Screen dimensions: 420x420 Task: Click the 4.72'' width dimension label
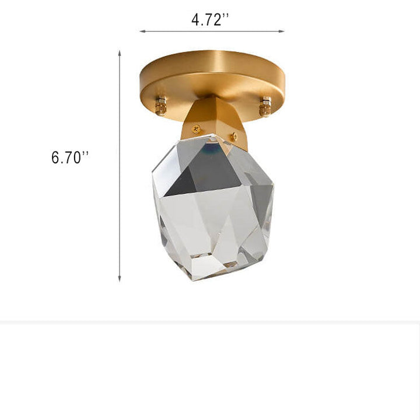click(210, 20)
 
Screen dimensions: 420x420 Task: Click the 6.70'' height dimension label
click(69, 157)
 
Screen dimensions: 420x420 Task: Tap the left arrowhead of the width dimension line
click(142, 32)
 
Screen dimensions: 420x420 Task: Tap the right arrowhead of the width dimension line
click(281, 32)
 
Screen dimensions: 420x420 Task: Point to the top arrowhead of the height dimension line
click(120, 52)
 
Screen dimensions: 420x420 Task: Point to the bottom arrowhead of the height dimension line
click(120, 279)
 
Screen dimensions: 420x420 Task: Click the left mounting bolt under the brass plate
click(161, 105)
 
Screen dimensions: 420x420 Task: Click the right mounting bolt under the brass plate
click(265, 106)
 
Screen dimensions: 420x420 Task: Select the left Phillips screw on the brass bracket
click(197, 129)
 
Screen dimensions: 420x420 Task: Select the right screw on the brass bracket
click(234, 136)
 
